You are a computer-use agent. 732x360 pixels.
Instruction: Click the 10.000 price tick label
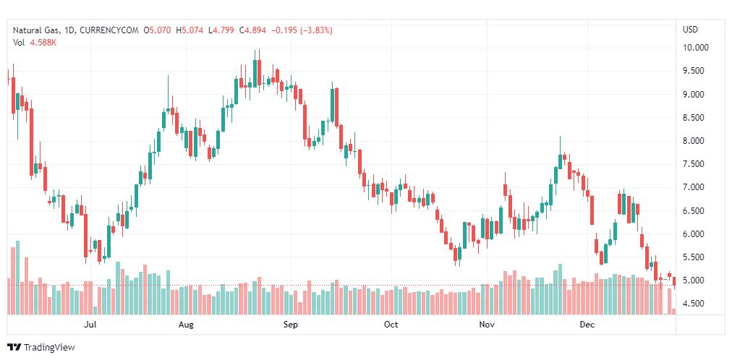[x=695, y=48]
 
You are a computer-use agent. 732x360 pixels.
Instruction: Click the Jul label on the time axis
[x=90, y=325]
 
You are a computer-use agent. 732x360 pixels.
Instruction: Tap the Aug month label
[x=186, y=325]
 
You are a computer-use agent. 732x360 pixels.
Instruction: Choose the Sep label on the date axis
[x=290, y=325]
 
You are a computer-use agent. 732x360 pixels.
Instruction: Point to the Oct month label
[x=391, y=325]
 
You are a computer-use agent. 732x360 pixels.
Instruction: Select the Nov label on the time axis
[x=487, y=325]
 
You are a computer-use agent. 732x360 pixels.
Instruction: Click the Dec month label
[x=587, y=325]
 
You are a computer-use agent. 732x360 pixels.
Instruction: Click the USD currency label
[x=690, y=30]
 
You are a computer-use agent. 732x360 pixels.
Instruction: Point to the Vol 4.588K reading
[x=35, y=43]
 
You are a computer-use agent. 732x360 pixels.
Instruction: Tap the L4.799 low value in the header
[x=224, y=30]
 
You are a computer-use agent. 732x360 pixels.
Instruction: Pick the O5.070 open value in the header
[x=158, y=30]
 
